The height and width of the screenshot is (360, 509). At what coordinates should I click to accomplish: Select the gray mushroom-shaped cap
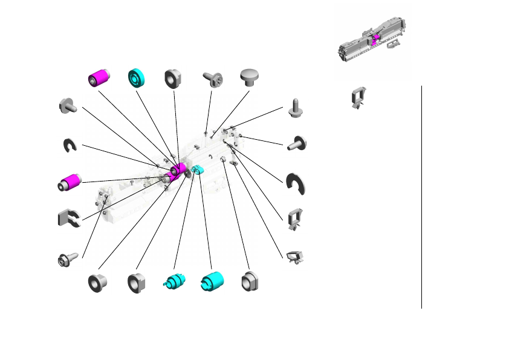[249, 76]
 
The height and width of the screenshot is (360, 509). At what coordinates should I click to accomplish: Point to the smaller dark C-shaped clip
[70, 145]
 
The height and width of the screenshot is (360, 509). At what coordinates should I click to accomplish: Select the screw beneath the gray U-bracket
[65, 259]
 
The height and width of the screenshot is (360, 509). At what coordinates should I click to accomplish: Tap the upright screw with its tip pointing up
[296, 108]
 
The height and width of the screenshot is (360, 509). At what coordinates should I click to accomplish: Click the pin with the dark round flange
[297, 143]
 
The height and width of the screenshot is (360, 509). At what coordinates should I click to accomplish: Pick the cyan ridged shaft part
[175, 281]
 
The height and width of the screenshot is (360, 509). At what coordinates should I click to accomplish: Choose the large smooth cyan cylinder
[212, 281]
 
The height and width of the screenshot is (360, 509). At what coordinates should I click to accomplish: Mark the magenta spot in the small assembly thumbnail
[375, 39]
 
